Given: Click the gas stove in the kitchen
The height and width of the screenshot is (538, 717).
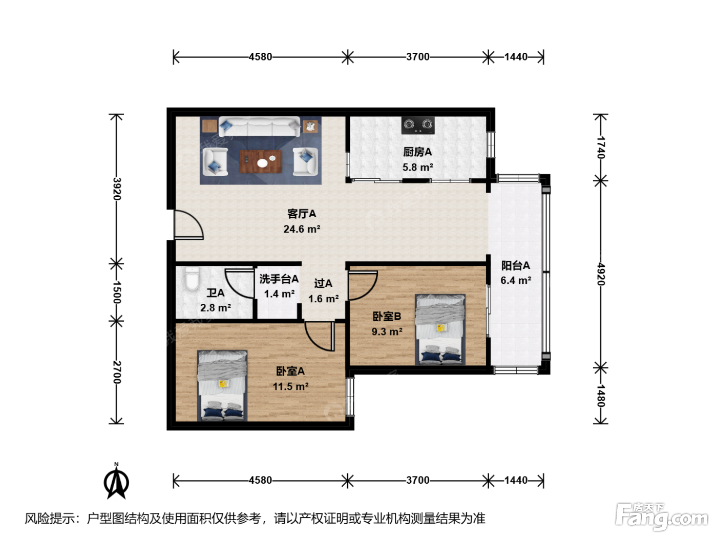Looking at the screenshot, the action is click(418, 125).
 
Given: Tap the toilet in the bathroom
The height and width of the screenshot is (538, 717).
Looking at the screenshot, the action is click(192, 279).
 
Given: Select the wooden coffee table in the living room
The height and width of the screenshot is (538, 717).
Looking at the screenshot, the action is click(261, 161).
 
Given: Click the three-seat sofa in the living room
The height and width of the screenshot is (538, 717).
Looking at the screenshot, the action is click(259, 127).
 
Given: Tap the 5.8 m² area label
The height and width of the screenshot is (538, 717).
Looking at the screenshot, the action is click(418, 167).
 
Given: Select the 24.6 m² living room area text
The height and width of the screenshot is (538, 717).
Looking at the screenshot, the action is click(302, 229).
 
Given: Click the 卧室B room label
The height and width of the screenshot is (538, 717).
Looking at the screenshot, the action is click(387, 316).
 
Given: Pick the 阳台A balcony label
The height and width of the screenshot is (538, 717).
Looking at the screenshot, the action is click(515, 265).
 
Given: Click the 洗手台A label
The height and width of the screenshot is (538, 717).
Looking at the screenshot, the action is click(279, 279).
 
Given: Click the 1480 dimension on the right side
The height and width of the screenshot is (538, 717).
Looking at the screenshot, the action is click(601, 396).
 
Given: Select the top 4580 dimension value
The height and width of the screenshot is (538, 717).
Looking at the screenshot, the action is click(260, 57).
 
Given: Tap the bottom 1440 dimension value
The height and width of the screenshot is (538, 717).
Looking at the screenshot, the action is click(516, 480).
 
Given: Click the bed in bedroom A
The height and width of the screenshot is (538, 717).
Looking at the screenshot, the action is click(222, 385).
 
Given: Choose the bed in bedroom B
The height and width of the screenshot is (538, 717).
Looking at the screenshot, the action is click(440, 329).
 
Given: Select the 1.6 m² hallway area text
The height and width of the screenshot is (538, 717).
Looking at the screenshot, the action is click(323, 299).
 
